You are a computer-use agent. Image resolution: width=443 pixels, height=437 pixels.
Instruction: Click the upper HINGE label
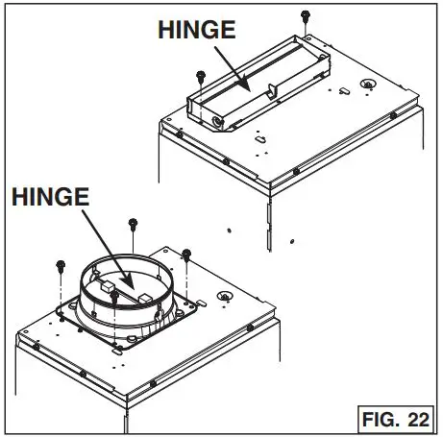pos(197,30)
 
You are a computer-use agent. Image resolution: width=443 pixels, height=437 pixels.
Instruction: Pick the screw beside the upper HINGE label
pos(199,75)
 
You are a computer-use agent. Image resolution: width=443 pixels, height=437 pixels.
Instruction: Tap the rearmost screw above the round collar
pos(133,226)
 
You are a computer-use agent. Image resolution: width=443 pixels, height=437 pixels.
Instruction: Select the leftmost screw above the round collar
pos(61,263)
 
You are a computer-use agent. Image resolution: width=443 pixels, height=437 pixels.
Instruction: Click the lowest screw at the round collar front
pos(114,297)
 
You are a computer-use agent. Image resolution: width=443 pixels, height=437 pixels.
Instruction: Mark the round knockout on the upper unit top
pos(367,86)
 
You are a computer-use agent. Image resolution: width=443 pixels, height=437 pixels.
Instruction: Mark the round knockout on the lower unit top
pos(225,297)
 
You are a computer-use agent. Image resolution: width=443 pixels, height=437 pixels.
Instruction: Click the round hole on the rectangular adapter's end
pos(219,122)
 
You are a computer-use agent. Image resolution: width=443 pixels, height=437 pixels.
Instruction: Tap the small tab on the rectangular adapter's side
pos(273,91)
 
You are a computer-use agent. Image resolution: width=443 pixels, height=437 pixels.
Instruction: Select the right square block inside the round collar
pos(144,298)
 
